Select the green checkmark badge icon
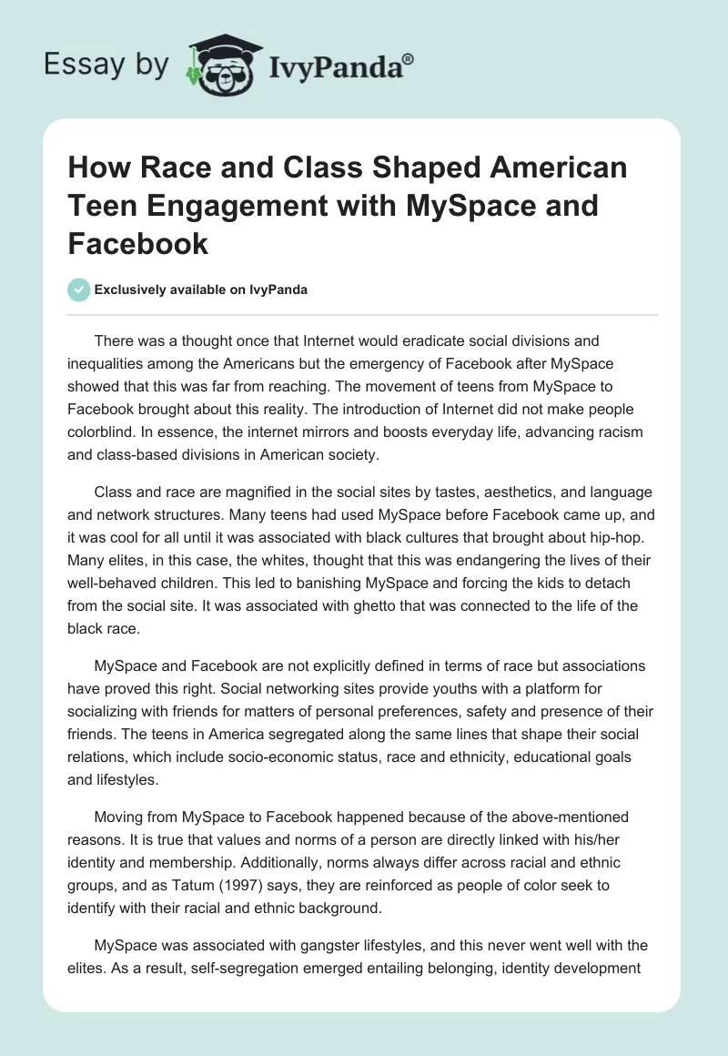coord(78,289)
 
